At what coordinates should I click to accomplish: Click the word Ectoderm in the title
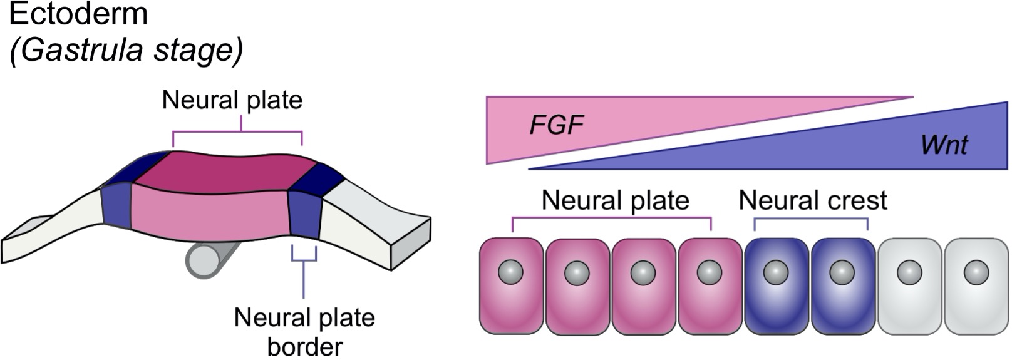78,14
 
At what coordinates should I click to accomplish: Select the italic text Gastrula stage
125,50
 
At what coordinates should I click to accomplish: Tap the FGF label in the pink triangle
556,126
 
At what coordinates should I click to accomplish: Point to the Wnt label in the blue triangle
944,145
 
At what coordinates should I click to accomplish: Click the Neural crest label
812,200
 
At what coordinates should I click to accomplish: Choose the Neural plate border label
304,331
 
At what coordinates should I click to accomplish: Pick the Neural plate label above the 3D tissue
232,100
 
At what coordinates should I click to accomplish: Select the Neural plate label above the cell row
615,200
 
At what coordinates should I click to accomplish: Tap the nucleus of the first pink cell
510,272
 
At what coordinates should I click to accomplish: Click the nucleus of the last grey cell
976,272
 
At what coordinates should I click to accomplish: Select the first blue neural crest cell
777,286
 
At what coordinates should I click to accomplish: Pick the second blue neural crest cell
843,286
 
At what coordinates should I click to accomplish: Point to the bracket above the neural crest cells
811,220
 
